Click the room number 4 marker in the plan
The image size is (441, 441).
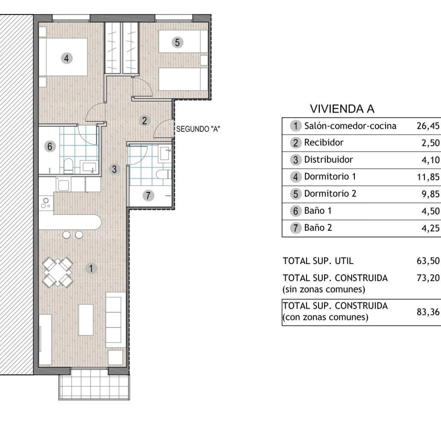pyautogui.click(x=66, y=58)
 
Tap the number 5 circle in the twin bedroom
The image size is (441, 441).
pyautogui.click(x=177, y=42)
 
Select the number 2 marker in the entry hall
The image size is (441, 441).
pyautogui.click(x=144, y=120)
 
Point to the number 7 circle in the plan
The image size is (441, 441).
pyautogui.click(x=148, y=195)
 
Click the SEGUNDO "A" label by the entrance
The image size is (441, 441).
pyautogui.click(x=198, y=129)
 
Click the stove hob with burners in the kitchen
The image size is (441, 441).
pyautogui.click(x=46, y=203)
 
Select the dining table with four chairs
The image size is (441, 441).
pyautogui.click(x=58, y=272)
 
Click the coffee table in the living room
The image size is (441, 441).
pyautogui.click(x=86, y=319)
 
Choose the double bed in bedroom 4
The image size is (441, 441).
pyautogui.click(x=63, y=57)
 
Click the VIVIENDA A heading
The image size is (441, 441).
pyautogui.click(x=342, y=109)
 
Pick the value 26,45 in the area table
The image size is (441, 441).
pyautogui.click(x=428, y=126)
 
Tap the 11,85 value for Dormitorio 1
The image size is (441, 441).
pyautogui.click(x=428, y=177)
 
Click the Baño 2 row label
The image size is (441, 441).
pyautogui.click(x=318, y=228)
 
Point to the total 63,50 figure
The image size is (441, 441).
pyautogui.click(x=428, y=261)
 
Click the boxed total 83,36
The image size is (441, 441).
pyautogui.click(x=428, y=312)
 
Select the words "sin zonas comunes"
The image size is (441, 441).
pyautogui.click(x=324, y=289)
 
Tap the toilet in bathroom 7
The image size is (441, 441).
pyautogui.click(x=163, y=174)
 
